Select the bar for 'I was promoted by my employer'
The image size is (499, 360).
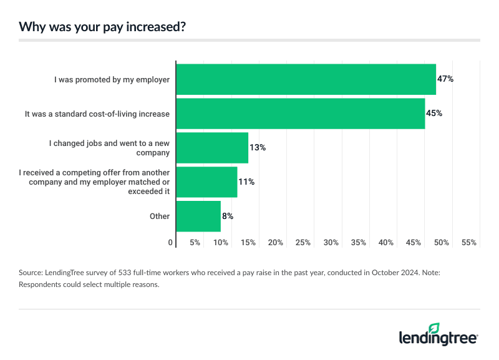(306, 79)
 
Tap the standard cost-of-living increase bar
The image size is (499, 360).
(300, 114)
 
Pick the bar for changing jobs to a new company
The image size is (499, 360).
(212, 148)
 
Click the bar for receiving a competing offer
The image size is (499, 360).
(206, 182)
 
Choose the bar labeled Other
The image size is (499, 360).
(198, 216)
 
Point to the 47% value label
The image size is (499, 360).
(445, 79)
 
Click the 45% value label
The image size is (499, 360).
(434, 114)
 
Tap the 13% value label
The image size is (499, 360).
(258, 148)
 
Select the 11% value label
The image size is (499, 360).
(246, 182)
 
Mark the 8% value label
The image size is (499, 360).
(228, 216)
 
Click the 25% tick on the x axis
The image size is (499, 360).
(303, 242)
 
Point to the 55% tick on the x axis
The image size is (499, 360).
(468, 242)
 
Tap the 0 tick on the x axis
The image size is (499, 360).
(171, 242)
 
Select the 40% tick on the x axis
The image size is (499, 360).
(386, 242)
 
